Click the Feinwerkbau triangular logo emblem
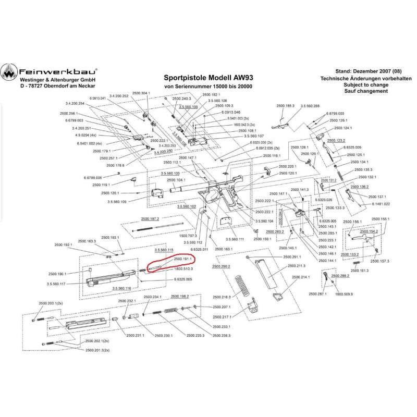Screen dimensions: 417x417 click(9, 73)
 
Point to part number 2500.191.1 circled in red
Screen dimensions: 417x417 click(183, 258)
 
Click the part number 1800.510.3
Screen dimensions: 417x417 click(183, 269)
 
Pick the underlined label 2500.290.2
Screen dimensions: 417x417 click(221, 266)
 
